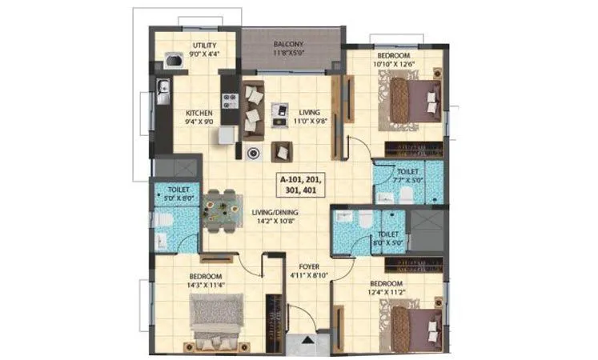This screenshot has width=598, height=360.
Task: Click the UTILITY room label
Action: pos(195,45)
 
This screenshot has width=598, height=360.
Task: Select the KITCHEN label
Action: pos(199,113)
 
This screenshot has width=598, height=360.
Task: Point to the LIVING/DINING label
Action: pos(270,211)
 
